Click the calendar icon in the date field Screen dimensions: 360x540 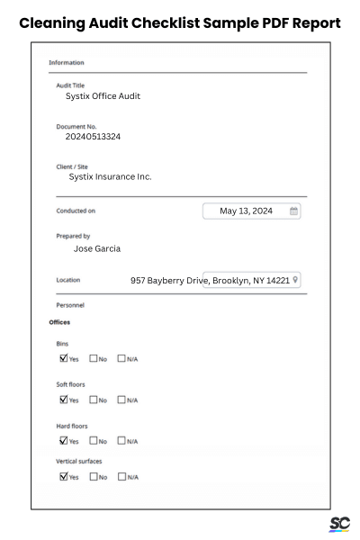[x=293, y=211]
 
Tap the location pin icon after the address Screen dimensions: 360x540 [x=295, y=280]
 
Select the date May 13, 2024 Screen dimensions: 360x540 [x=246, y=211]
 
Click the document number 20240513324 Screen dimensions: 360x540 [x=93, y=138]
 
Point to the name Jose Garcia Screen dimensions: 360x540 [x=96, y=248]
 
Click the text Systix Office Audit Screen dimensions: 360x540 [x=103, y=96]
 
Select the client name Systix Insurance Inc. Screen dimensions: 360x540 [x=110, y=176]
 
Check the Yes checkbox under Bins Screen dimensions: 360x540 [x=63, y=358]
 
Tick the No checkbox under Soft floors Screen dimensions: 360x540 [x=93, y=400]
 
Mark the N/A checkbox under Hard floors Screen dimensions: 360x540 [x=121, y=441]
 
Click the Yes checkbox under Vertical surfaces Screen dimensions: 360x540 [x=63, y=477]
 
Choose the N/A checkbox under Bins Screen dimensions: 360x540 [x=121, y=358]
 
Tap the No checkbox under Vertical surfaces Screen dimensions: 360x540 [x=93, y=477]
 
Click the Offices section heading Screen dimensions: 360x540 [x=59, y=321]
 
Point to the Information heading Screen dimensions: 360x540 [x=66, y=63]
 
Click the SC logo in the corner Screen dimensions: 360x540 [x=339, y=524]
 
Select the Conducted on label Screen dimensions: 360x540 [x=76, y=211]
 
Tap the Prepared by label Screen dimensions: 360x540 [x=73, y=236]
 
